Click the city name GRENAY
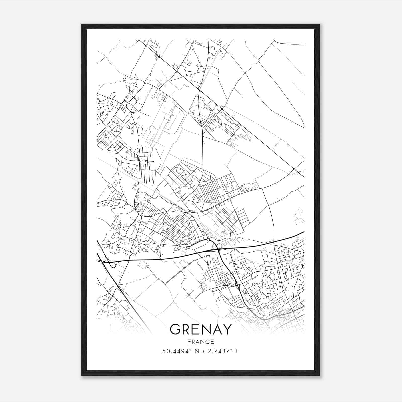(x=200, y=329)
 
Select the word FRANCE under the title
(x=200, y=342)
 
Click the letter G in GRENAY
(x=176, y=329)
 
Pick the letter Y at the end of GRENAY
(x=226, y=329)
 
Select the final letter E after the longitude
(x=237, y=351)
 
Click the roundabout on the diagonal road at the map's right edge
(x=294, y=169)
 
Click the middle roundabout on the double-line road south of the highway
(x=181, y=271)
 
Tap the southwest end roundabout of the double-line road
(x=165, y=284)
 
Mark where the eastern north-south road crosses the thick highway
(x=274, y=242)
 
